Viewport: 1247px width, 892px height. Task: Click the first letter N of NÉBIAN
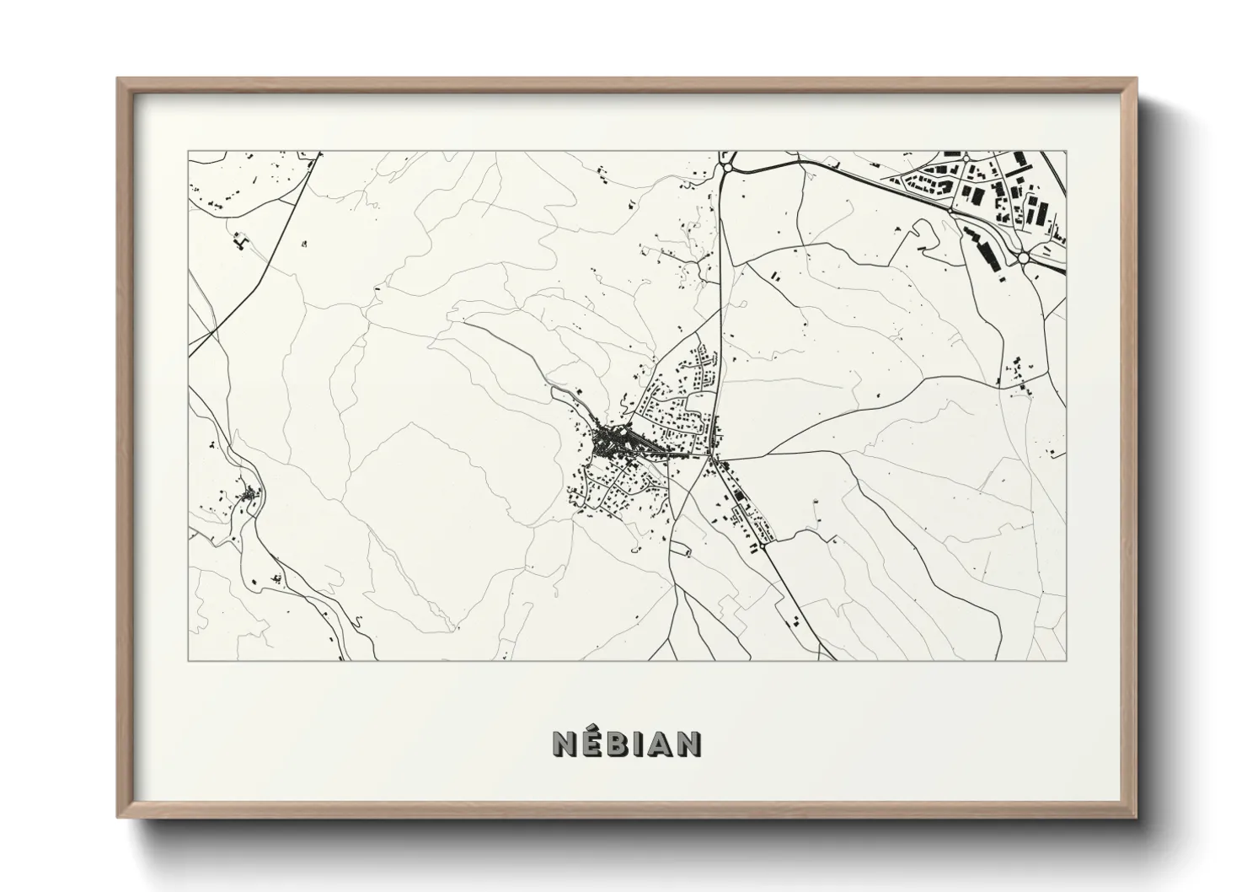[564, 744]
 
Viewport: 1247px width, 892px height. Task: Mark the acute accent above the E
[592, 730]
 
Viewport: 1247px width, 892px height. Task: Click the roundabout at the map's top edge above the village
[726, 169]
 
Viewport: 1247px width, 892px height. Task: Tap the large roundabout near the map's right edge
[1024, 258]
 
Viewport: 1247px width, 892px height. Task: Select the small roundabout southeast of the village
[763, 546]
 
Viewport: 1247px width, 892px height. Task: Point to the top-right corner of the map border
[1066, 152]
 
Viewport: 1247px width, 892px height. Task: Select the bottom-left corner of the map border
[189, 660]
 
